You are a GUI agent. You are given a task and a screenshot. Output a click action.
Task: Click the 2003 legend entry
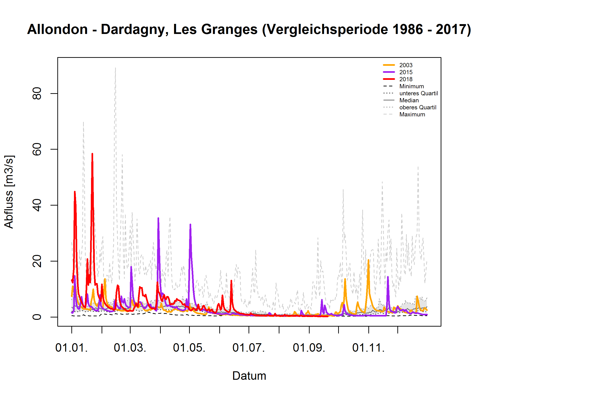pos(405,65)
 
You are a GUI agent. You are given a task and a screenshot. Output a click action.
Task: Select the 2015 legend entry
pos(405,72)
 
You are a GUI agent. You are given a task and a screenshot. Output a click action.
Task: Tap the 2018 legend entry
pos(405,79)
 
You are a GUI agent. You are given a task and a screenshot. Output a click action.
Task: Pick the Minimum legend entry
pos(411,86)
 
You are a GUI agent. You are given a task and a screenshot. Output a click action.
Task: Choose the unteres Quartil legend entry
pos(418,93)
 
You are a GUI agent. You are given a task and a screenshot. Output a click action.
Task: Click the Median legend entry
pos(409,100)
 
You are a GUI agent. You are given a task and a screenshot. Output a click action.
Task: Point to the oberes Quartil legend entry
pos(417,107)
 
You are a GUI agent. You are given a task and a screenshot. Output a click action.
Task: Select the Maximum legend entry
pos(412,114)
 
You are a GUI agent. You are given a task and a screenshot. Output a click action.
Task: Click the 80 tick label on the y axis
pos(37,93)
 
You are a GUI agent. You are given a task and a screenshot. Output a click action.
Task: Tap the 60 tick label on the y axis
pos(37,149)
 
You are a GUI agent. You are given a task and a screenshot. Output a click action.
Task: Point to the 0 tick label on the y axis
pos(37,317)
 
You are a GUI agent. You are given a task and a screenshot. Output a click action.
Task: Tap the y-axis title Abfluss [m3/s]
pos(9,192)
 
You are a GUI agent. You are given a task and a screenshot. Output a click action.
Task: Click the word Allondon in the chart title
pos(58,29)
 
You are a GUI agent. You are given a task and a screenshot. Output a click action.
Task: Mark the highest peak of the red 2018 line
pos(92,154)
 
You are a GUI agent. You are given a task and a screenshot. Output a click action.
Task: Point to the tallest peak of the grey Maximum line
pos(115,68)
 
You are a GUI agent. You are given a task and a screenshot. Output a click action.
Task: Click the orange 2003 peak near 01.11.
pos(368,260)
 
